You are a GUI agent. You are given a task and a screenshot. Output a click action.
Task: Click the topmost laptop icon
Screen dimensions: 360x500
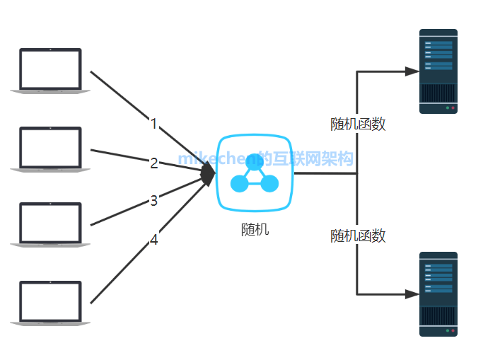(50, 70)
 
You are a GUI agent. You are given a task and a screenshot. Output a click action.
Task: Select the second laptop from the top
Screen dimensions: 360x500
(50, 148)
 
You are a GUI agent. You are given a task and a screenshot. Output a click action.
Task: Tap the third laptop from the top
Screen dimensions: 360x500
(50, 224)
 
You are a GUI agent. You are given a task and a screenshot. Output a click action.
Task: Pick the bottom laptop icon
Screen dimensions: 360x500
(50, 302)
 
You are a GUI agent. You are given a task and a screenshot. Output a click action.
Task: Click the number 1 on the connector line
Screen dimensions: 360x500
(153, 124)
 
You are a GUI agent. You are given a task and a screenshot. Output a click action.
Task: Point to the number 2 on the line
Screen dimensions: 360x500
(153, 163)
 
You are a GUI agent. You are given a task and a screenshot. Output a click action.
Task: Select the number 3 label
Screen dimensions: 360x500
(153, 201)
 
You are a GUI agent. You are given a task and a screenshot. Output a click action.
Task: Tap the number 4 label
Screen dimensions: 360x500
(153, 240)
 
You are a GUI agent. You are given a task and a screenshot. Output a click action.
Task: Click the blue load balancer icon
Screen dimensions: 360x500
(255, 173)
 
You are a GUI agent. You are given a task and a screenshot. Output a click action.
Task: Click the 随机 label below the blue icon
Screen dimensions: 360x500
(255, 230)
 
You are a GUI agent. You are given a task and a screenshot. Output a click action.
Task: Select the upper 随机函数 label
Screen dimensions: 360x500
(358, 124)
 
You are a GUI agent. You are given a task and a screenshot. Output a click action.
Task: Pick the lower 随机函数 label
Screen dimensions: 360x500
(358, 236)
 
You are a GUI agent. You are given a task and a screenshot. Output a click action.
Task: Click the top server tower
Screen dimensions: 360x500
(438, 71)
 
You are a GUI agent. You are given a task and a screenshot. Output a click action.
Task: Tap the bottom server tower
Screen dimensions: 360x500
(438, 294)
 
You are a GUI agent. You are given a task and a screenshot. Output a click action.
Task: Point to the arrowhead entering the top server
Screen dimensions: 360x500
(412, 71)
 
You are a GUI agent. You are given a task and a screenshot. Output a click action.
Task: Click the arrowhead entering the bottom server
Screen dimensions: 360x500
(412, 294)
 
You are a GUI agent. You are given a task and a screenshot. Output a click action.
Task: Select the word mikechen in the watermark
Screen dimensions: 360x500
(217, 158)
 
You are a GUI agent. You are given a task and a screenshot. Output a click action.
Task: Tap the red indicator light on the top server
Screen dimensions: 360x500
(453, 108)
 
